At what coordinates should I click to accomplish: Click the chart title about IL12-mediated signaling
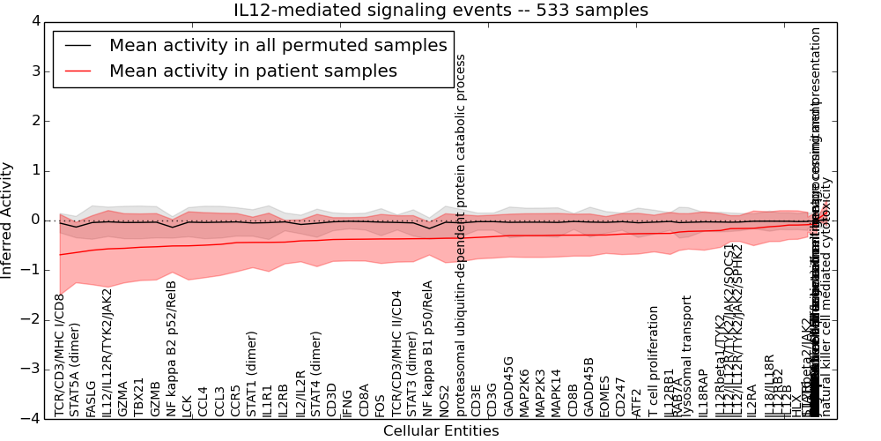pyautogui.click(x=440, y=11)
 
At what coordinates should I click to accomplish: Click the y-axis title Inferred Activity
pyautogui.click(x=8, y=220)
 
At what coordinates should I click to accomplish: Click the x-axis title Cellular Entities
pyautogui.click(x=440, y=431)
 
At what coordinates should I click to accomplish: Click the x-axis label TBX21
pyautogui.click(x=139, y=397)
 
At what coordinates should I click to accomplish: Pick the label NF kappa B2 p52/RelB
pyautogui.click(x=172, y=349)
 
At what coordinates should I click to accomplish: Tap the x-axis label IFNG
pyautogui.click(x=348, y=402)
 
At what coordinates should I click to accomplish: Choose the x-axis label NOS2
pyautogui.click(x=445, y=400)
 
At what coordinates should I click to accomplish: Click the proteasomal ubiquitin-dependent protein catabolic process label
pyautogui.click(x=460, y=235)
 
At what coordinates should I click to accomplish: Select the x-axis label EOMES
pyautogui.click(x=604, y=397)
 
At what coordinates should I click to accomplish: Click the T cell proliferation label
pyautogui.click(x=653, y=362)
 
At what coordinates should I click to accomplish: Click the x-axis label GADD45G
pyautogui.click(x=508, y=386)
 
